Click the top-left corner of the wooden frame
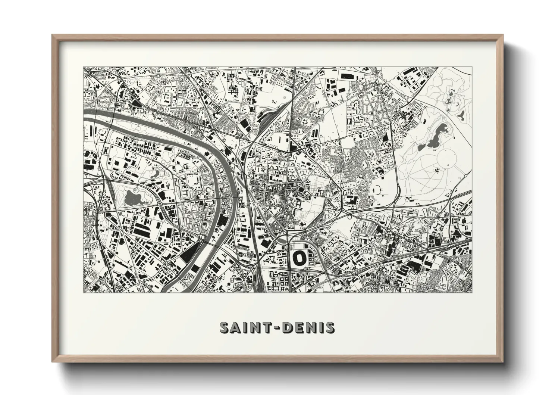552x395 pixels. click(53, 35)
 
